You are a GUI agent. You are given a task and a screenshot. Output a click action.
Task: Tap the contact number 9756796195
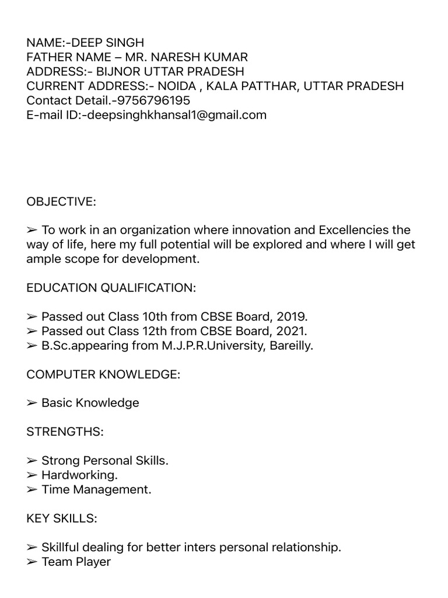pyautogui.click(x=153, y=100)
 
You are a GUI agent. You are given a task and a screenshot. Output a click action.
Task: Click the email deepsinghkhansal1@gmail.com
pyautogui.click(x=176, y=115)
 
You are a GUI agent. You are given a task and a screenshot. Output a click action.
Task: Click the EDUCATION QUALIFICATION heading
pyautogui.click(x=111, y=288)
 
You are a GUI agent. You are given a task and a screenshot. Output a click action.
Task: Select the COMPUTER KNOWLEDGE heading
pyautogui.click(x=103, y=374)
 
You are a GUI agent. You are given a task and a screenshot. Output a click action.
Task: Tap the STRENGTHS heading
pyautogui.click(x=65, y=432)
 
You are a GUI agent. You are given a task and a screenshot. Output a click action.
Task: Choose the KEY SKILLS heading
pyautogui.click(x=62, y=519)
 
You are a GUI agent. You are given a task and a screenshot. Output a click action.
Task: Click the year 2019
pyautogui.click(x=292, y=317)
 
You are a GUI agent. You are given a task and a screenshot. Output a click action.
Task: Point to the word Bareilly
pyautogui.click(x=290, y=346)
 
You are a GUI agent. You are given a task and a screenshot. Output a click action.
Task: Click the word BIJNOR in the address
pyautogui.click(x=116, y=72)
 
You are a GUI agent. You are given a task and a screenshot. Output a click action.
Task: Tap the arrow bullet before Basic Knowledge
pyautogui.click(x=32, y=403)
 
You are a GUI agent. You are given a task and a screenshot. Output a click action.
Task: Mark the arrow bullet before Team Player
pyautogui.click(x=32, y=562)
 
